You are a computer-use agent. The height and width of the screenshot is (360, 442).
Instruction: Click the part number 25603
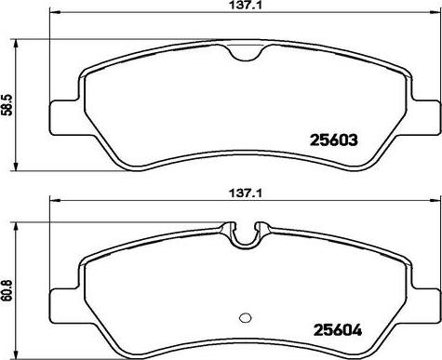coord(334,140)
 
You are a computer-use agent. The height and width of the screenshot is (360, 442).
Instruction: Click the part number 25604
coord(338,330)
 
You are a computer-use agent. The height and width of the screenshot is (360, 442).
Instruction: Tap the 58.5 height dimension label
coord(7,105)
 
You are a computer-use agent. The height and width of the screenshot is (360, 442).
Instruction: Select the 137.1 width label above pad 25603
coord(245,5)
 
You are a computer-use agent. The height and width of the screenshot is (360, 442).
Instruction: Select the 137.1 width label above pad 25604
coord(245,193)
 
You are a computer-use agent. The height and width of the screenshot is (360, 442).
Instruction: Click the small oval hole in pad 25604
coord(246,317)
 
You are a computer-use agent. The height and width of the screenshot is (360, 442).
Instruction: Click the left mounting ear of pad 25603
coord(63,117)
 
